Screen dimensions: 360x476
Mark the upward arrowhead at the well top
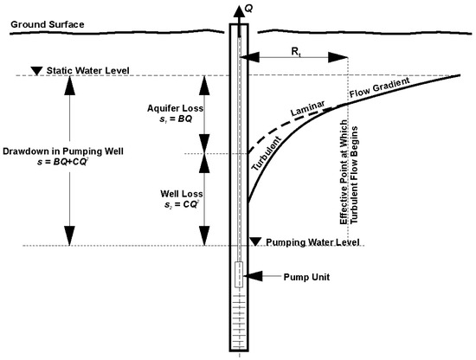coord(239,10)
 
